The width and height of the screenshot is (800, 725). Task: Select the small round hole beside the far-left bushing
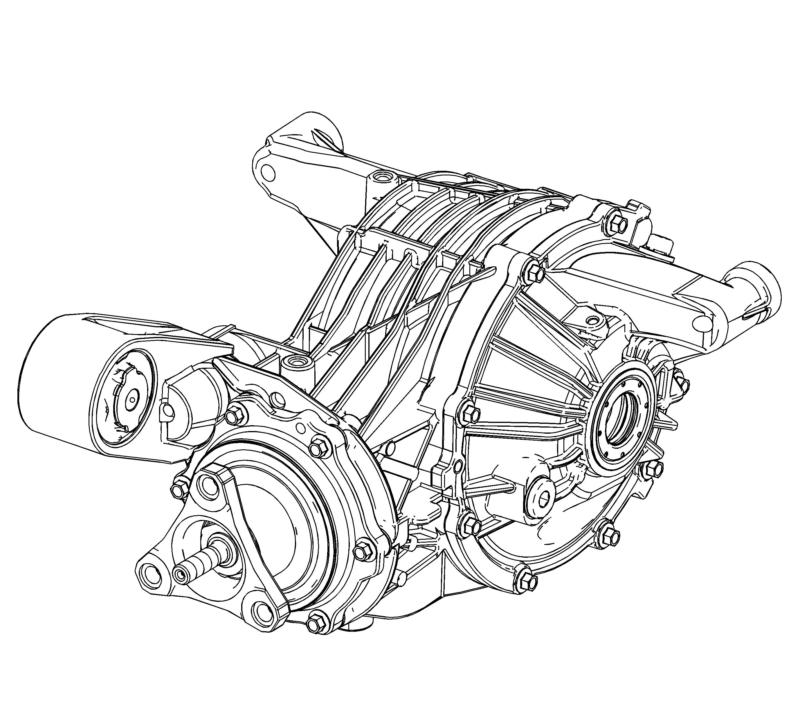[x=168, y=410]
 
